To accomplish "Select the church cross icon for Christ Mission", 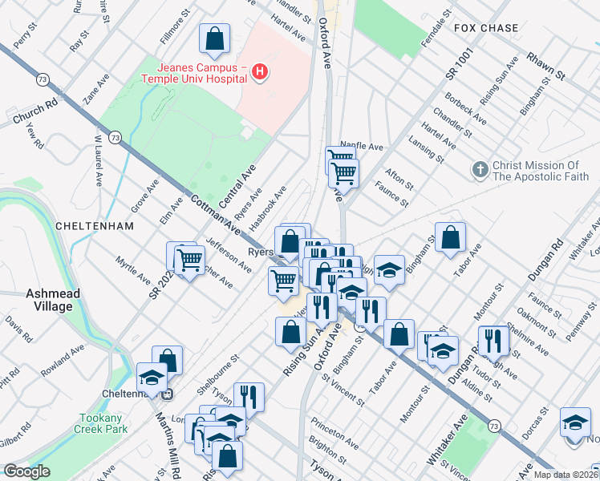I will pos(480,169).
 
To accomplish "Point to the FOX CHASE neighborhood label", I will pos(486,28).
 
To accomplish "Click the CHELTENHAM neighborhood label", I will pos(94,226).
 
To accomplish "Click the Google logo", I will pos(26,471).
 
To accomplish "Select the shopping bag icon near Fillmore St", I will pos(215,38).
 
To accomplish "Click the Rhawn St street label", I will pos(546,66).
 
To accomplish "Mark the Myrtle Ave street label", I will pos(132,272).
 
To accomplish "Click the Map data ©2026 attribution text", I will pos(565,475).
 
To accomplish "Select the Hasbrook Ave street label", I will pos(270,207).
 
